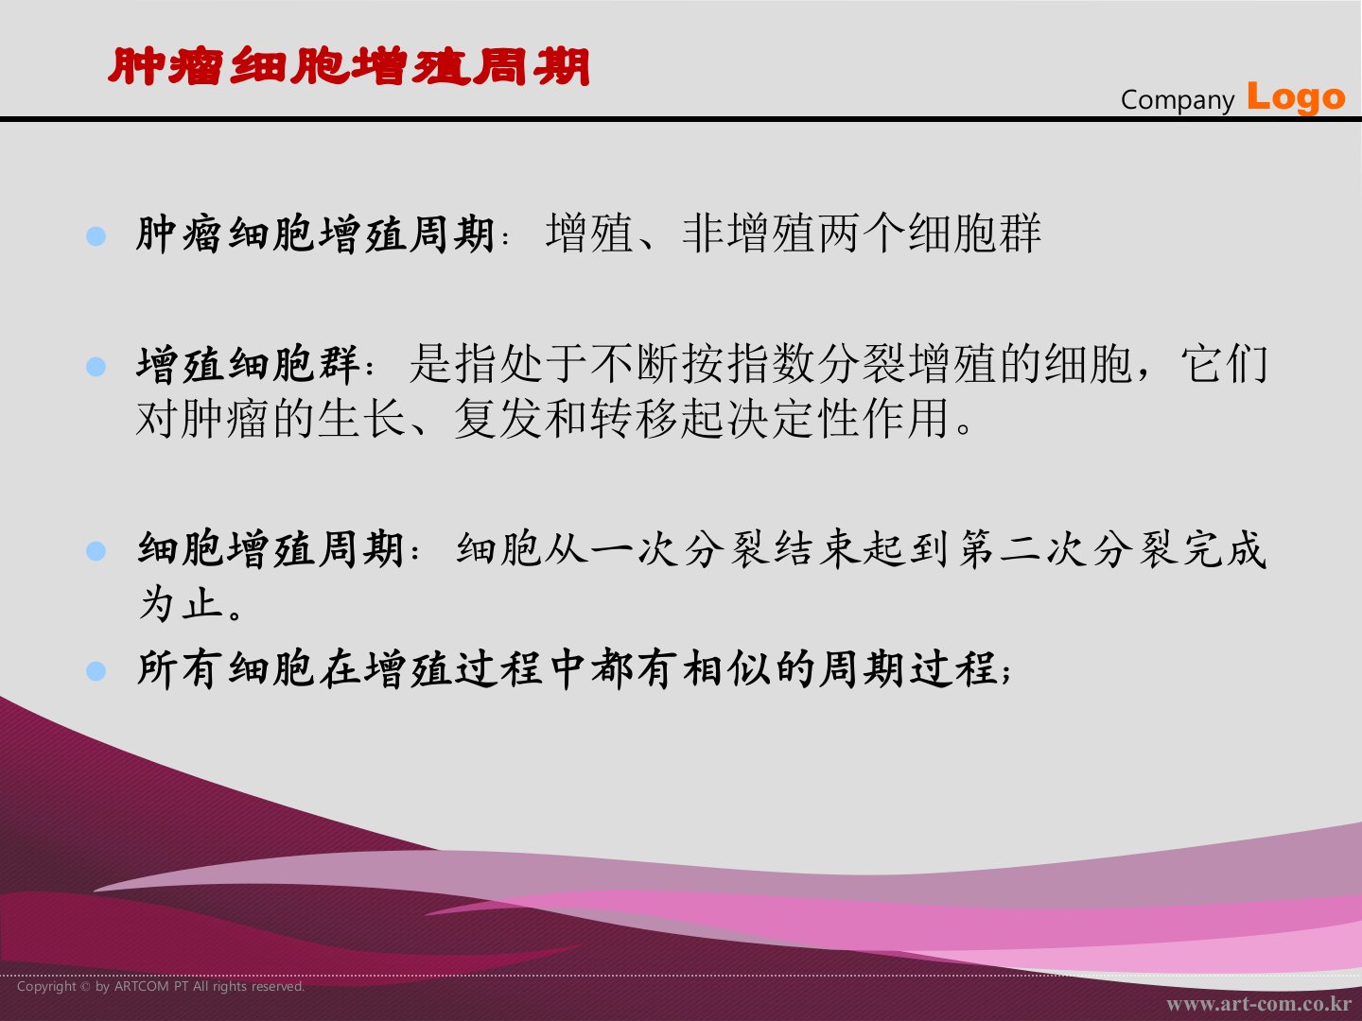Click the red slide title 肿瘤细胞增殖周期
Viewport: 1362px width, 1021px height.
tap(349, 66)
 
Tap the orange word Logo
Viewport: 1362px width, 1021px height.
tap(1296, 98)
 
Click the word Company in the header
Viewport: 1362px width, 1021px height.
tap(1178, 100)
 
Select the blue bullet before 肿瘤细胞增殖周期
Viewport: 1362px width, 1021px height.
tap(96, 236)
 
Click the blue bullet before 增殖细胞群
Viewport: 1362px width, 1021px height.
tap(96, 367)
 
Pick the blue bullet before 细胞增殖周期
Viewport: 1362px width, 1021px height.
tap(96, 550)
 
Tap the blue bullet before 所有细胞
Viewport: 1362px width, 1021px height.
tap(96, 671)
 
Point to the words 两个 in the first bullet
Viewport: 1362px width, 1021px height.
tap(862, 234)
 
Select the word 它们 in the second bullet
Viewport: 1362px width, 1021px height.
tap(1224, 364)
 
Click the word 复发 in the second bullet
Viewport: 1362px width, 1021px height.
tap(498, 418)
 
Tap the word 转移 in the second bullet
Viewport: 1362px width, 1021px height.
tap(634, 418)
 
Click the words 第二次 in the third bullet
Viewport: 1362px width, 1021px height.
tap(1023, 550)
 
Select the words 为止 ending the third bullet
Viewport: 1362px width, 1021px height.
tap(181, 603)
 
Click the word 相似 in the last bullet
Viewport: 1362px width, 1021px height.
tap(726, 670)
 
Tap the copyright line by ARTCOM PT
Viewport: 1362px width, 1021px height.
tap(161, 986)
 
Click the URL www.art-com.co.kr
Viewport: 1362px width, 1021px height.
tap(1258, 1004)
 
